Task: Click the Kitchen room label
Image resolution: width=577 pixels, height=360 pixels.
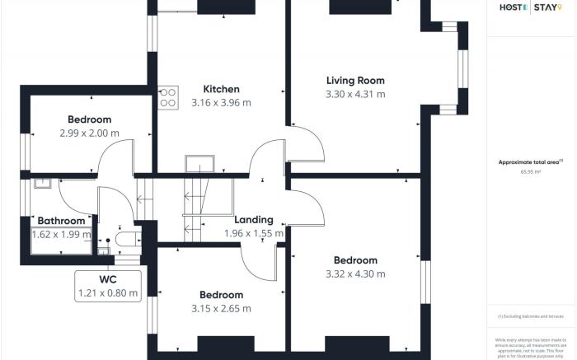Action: tap(221, 89)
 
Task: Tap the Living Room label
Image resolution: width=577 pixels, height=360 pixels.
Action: tap(355, 80)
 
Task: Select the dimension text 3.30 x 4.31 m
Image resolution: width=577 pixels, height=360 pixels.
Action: tap(355, 94)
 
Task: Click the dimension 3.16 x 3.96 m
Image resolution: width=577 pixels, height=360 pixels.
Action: tap(221, 103)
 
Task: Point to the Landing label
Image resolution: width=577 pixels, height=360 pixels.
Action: tap(254, 220)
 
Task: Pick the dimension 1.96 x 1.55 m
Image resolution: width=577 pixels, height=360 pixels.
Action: tap(254, 234)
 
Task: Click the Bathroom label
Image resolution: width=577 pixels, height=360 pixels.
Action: tap(58, 221)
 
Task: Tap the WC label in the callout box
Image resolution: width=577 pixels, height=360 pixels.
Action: tap(108, 279)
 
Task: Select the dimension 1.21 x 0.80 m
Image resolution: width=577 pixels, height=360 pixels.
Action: tap(108, 292)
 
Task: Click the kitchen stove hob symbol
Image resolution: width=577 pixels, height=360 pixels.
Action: tap(168, 97)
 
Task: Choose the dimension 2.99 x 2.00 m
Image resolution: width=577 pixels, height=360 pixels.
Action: tap(89, 133)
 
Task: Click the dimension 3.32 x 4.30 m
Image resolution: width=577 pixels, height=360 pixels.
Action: tap(355, 274)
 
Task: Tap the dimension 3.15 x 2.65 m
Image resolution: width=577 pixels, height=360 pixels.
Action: tap(221, 309)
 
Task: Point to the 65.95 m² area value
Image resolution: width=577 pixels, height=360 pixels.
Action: tap(531, 172)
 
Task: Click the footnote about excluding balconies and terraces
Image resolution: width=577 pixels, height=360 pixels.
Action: tap(531, 316)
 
